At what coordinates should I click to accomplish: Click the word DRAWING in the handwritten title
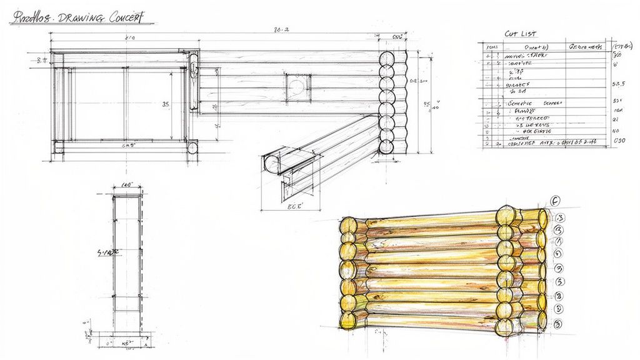pos(78,18)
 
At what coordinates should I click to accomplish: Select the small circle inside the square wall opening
pos(297,84)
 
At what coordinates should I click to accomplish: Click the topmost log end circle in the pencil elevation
pos(387,60)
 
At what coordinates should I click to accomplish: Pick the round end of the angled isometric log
pos(272,164)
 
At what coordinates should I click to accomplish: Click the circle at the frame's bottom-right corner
pos(192,148)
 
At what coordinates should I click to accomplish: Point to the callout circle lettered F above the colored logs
pos(555,201)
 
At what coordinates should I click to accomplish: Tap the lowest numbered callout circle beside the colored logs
pos(559,323)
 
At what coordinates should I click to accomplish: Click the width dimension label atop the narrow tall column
pos(127,185)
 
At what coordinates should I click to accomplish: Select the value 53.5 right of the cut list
pos(619,83)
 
